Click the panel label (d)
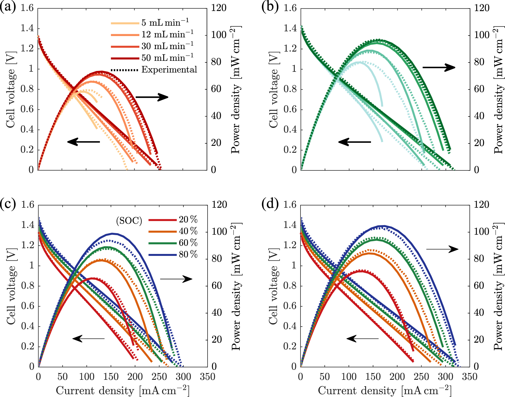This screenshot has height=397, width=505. click(270, 204)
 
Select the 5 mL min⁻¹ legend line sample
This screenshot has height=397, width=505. click(125, 23)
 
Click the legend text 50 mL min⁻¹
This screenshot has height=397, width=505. click(168, 57)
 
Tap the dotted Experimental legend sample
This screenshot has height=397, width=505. click(125, 70)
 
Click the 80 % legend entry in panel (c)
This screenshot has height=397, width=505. click(188, 254)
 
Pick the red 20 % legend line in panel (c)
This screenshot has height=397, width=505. click(163, 220)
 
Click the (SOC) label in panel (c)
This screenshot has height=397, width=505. click(129, 221)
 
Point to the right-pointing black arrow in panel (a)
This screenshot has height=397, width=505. click(152, 97)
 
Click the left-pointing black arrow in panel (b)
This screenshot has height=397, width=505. click(354, 142)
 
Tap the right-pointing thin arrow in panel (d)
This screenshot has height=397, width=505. click(442, 249)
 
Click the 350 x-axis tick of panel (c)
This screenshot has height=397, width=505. click(208, 377)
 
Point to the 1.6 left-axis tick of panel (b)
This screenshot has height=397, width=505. click(290, 8)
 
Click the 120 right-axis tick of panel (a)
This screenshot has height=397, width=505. click(219, 8)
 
